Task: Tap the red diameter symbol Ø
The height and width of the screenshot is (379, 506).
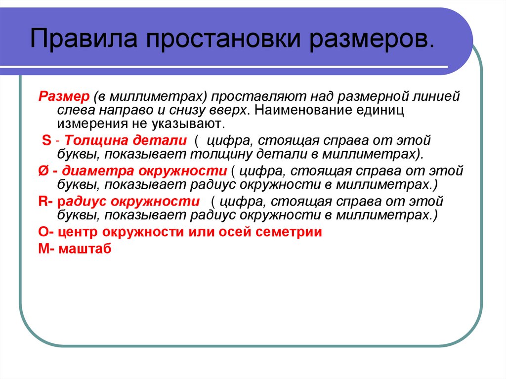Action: (x=43, y=171)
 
